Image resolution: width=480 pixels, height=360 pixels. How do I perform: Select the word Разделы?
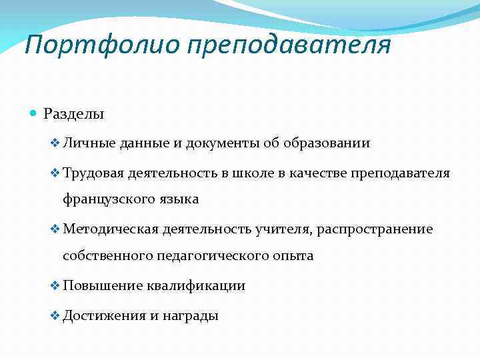[74, 115]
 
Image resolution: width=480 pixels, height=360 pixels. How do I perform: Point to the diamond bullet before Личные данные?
[55, 143]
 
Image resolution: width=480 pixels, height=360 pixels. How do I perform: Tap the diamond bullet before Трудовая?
[55, 173]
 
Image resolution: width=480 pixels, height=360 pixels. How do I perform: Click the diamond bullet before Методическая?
[55, 229]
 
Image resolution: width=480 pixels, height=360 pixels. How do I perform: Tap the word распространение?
[375, 230]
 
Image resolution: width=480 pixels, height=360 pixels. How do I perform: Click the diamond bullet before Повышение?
[55, 286]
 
